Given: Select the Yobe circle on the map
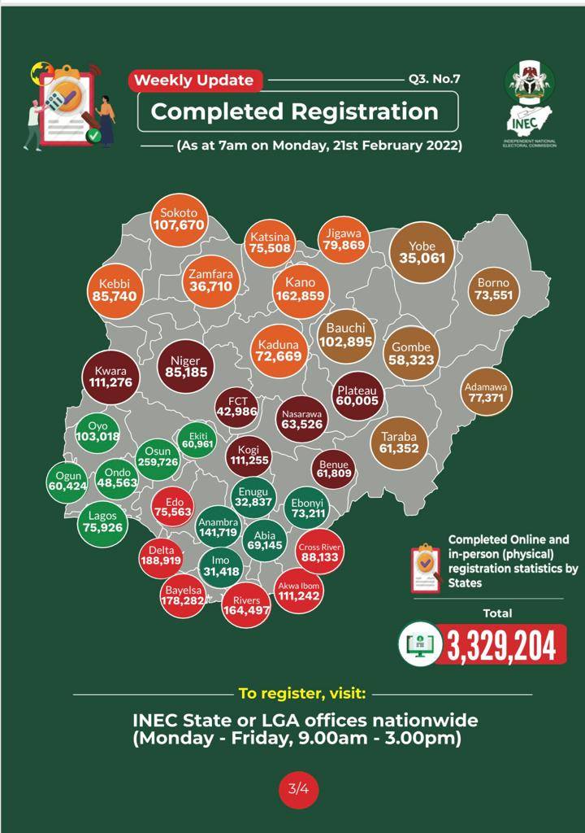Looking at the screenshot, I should (422, 252).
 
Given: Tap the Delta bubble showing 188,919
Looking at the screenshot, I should (160, 559).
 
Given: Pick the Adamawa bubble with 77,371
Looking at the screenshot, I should (485, 393).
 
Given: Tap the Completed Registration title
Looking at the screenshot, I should (295, 111).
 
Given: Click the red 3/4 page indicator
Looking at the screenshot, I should (298, 787).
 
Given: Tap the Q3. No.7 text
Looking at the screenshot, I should (436, 81).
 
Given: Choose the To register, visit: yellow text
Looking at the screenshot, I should (302, 694).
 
